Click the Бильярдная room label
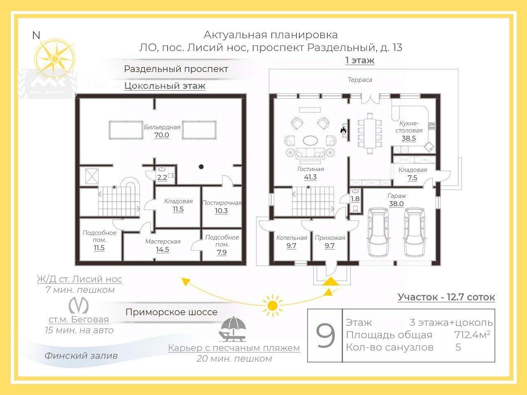pyautogui.click(x=162, y=127)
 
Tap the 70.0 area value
pyautogui.click(x=162, y=135)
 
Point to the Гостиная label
pyautogui.click(x=310, y=169)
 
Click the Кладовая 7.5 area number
pyautogui.click(x=412, y=178)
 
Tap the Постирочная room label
pyautogui.click(x=222, y=202)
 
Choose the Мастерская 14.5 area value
pyautogui.click(x=163, y=249)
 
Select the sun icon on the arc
pyautogui.click(x=272, y=305)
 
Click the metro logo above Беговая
pyautogui.click(x=78, y=305)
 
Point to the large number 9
pyautogui.click(x=325, y=336)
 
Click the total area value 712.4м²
pyautogui.click(x=472, y=335)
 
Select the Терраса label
pyautogui.click(x=360, y=80)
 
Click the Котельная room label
pyautogui.click(x=291, y=238)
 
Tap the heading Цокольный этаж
pyautogui.click(x=165, y=86)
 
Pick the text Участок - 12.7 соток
pyautogui.click(x=446, y=297)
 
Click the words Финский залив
pyautogui.click(x=81, y=355)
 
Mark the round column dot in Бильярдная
pyautogui.click(x=201, y=167)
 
